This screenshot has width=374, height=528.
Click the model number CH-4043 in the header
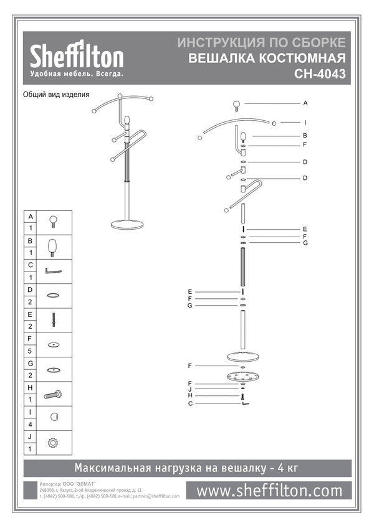pos(321,73)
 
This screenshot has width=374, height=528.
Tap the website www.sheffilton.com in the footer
pos(269,491)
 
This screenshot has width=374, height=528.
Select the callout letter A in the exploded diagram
pos(306,102)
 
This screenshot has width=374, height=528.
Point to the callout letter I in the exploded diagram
pos(306,122)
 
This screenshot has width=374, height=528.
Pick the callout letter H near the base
pos(189,396)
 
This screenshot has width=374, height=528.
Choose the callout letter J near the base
pos(189,390)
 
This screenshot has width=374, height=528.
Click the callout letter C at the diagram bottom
pos(189,403)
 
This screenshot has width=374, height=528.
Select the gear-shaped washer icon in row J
pos(53,443)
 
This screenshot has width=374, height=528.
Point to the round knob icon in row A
pos(53,220)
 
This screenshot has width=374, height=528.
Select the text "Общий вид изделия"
pos(57,95)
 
